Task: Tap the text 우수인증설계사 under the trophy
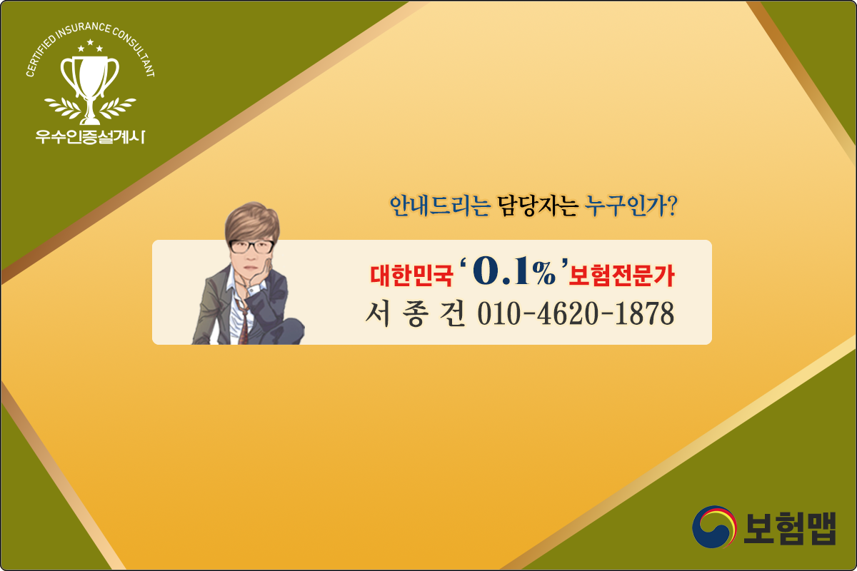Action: click(x=90, y=136)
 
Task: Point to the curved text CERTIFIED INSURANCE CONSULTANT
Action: click(x=90, y=36)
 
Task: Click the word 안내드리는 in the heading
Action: click(x=439, y=207)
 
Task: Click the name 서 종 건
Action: click(x=411, y=313)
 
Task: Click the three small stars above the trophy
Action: click(x=90, y=47)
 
